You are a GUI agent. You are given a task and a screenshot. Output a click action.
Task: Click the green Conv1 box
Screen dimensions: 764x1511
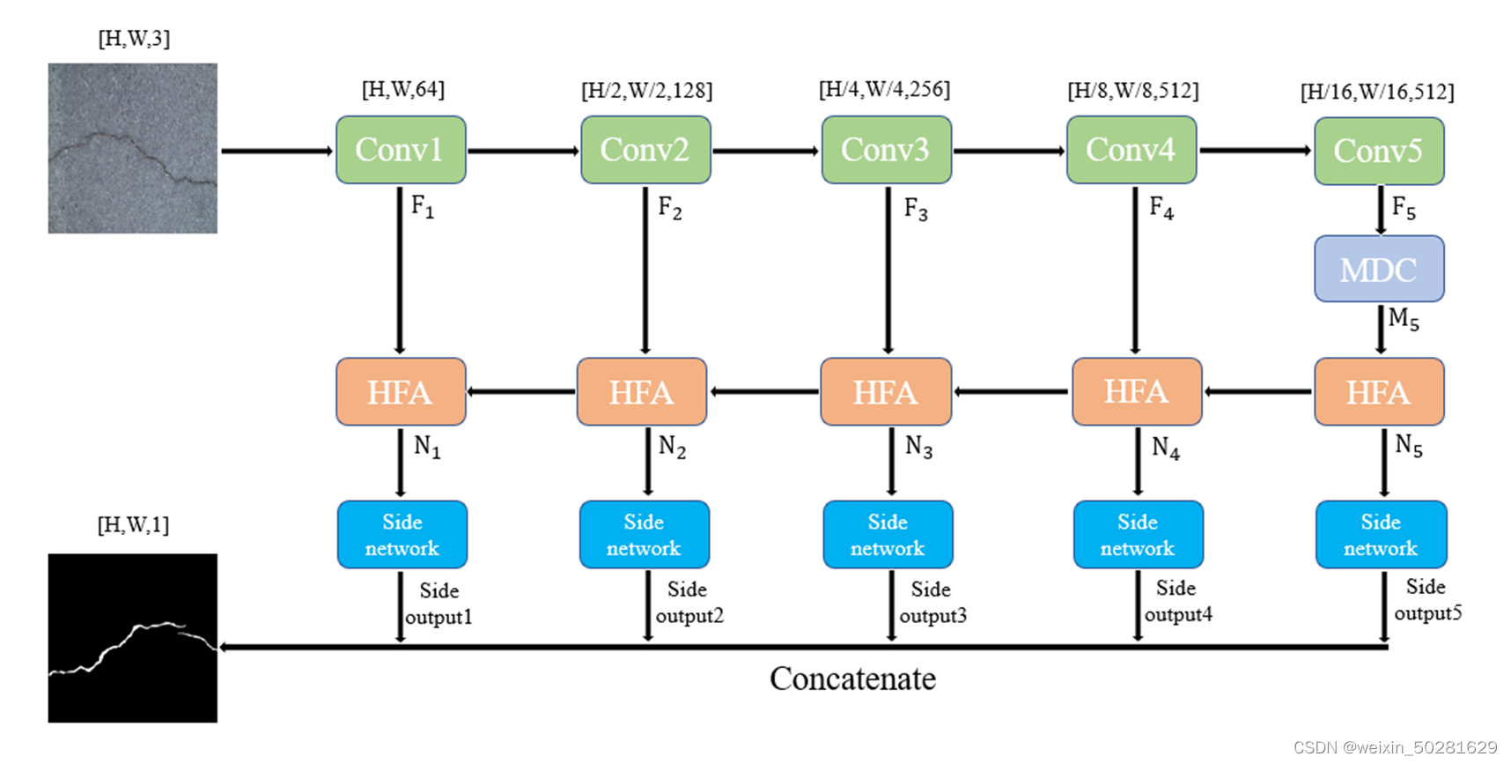click(401, 150)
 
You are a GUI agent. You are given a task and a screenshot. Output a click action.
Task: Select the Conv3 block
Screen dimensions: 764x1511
click(886, 150)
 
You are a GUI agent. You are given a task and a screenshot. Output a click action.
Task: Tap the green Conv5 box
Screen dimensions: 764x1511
click(1379, 151)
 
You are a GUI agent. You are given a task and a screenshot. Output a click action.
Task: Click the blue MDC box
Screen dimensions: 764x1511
click(1379, 269)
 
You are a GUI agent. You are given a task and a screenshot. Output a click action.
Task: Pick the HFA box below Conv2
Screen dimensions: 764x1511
click(642, 391)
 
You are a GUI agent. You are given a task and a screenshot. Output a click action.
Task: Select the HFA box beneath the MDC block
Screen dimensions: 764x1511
click(1379, 391)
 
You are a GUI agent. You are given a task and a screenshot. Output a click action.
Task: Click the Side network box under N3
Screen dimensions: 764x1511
click(888, 535)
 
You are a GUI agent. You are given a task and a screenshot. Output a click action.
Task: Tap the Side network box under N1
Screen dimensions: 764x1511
click(402, 535)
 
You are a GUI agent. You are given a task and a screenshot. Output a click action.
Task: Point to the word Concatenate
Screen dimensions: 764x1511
click(852, 679)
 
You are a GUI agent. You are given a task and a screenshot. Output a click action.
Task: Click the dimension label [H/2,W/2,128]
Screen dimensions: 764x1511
click(646, 90)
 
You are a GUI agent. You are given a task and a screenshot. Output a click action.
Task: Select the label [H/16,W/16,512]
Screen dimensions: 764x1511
click(1377, 92)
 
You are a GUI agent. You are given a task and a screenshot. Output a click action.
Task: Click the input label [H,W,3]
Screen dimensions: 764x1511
click(134, 39)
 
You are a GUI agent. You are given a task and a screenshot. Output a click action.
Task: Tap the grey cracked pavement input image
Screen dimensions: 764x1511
click(132, 148)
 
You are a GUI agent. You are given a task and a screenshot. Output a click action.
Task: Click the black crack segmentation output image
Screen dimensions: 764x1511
click(132, 638)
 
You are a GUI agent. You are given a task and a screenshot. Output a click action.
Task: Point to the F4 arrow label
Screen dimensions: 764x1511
click(1161, 210)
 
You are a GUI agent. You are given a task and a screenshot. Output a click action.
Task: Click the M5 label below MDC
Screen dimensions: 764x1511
click(1404, 319)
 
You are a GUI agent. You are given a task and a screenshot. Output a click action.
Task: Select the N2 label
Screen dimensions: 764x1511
click(673, 448)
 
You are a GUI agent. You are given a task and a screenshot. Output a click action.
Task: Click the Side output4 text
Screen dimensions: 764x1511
click(1177, 601)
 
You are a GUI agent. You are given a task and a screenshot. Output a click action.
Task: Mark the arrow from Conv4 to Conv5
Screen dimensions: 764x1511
click(1255, 151)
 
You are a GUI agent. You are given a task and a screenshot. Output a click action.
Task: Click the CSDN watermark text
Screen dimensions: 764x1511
click(1395, 747)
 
